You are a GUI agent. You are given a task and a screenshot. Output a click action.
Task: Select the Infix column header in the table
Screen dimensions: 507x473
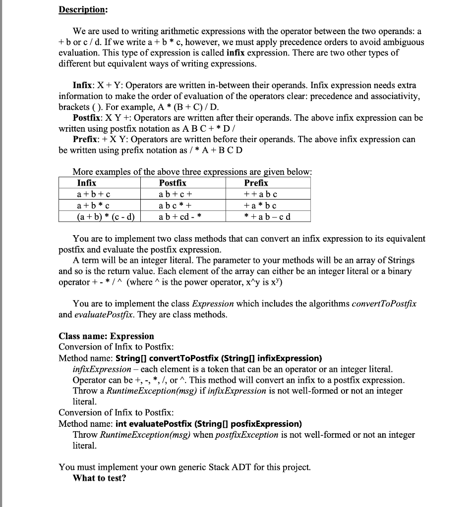click(x=87, y=183)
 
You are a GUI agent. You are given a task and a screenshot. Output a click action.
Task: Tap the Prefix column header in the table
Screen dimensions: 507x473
click(x=256, y=183)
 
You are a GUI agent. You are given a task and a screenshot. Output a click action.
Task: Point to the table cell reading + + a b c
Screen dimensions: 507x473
click(x=261, y=194)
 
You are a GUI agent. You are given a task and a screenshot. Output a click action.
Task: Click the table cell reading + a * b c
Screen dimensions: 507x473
click(x=261, y=205)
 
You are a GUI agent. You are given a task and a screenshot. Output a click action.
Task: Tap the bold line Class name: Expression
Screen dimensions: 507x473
click(x=106, y=336)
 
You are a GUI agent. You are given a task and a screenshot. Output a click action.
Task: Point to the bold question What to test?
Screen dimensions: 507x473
click(x=99, y=478)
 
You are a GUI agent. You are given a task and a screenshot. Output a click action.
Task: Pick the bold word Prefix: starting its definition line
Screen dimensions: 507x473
click(x=86, y=139)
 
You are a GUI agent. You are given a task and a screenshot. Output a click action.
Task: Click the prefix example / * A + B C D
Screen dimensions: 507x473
click(x=211, y=150)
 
